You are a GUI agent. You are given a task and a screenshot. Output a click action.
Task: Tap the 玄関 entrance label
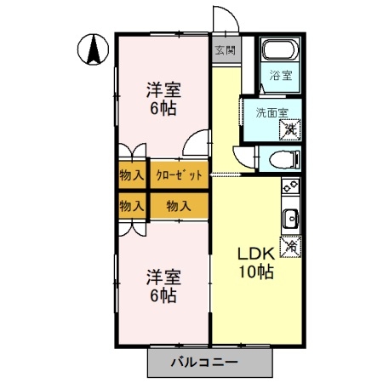coord(225,49)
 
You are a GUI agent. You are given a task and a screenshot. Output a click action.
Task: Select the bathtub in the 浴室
coord(277,50)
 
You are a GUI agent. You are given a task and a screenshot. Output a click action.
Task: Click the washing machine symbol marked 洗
coord(291,129)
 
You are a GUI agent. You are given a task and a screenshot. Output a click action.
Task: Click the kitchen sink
coord(290,216)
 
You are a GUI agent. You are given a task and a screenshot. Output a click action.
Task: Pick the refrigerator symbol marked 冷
coord(291,245)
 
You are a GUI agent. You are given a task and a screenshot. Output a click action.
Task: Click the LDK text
coord(254,254)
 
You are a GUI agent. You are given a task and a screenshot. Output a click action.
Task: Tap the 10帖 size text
coord(254,272)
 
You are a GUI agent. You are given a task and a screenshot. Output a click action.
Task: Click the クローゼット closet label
coord(179,176)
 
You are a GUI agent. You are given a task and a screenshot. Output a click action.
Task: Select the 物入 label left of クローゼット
coord(130,176)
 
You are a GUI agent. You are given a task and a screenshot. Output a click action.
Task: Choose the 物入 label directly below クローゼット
coord(179,206)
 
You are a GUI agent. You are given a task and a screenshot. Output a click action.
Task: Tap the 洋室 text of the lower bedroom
coord(163,277)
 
